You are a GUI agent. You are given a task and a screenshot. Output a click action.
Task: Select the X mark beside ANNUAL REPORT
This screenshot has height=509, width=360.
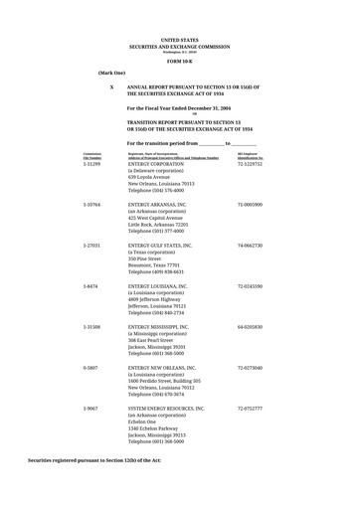click(x=111, y=87)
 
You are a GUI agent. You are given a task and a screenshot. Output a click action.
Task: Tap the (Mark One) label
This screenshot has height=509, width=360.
click(x=111, y=74)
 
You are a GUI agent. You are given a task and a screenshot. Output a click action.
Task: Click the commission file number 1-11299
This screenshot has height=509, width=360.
click(x=91, y=163)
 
